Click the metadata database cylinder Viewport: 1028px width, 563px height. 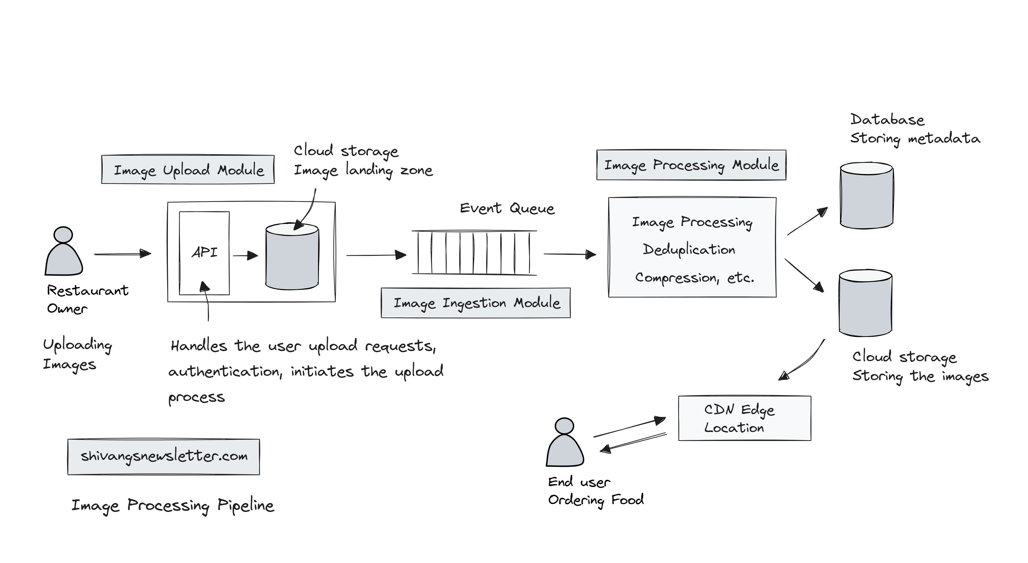[x=866, y=195]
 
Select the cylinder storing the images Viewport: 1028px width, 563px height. [x=865, y=303]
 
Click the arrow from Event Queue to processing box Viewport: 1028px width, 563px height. [x=570, y=254]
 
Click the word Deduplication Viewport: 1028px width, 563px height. [x=689, y=250]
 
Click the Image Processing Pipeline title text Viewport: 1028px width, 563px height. [x=173, y=506]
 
